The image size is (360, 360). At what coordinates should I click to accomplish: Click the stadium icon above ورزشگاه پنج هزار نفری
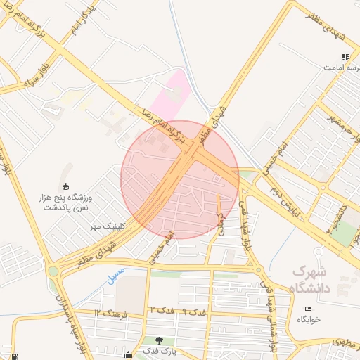point(67,186)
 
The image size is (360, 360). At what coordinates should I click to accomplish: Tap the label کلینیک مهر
point(105,226)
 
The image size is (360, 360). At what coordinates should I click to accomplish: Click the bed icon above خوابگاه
point(308,309)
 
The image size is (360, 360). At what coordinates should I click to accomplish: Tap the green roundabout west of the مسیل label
point(53,271)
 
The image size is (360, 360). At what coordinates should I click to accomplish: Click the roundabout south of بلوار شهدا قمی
point(258,269)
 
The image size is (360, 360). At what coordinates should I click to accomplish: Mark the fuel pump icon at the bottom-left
point(6,354)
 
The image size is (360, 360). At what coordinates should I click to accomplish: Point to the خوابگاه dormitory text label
point(308,319)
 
